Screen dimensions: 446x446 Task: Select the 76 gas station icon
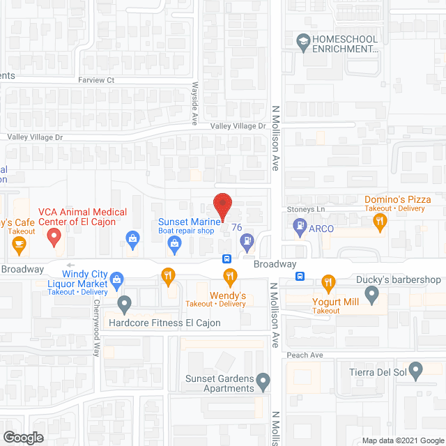[246, 241]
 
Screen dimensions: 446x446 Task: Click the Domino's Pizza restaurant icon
[380, 223]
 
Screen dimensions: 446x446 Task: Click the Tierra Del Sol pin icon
[416, 370]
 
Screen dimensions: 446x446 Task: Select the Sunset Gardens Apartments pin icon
[263, 380]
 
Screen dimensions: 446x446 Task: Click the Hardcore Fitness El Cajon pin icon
[124, 304]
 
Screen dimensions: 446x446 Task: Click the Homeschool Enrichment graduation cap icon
[302, 42]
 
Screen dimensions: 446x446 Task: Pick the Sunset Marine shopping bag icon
[174, 243]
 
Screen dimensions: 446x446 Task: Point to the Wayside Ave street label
[194, 105]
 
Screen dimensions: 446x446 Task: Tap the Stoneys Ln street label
[307, 209]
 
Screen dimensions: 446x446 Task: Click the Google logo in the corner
[22, 437]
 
